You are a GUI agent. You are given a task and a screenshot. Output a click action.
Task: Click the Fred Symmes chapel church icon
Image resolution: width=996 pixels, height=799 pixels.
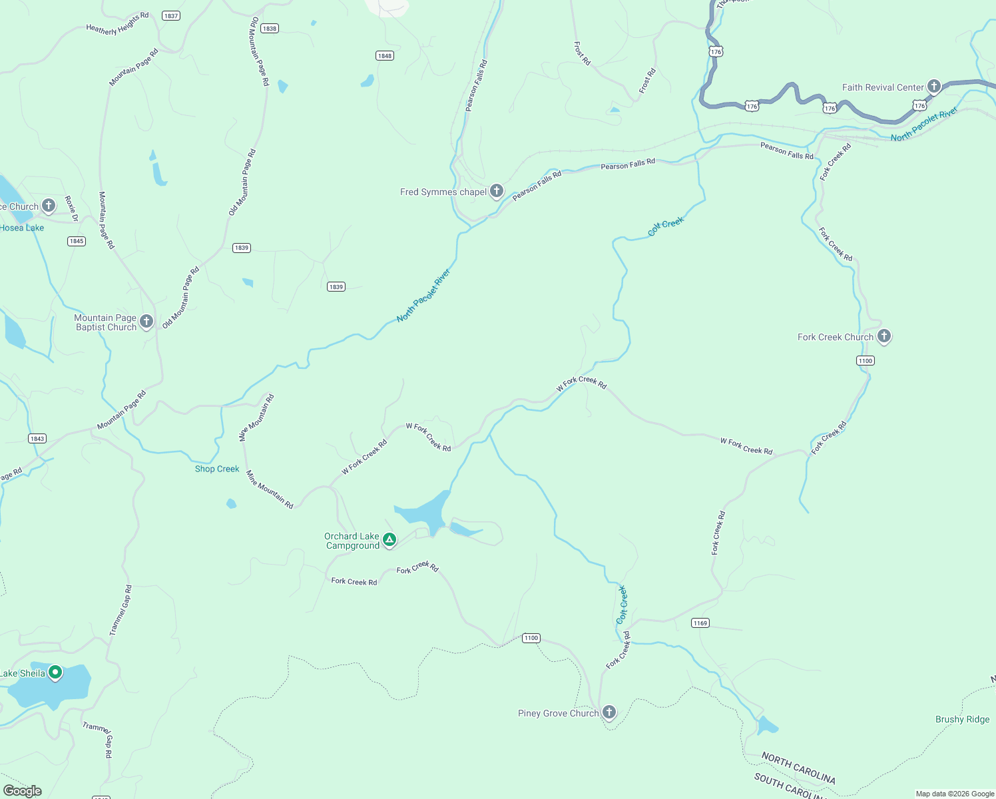(x=497, y=192)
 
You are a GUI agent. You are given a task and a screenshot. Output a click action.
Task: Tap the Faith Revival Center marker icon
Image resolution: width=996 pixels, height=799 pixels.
(x=934, y=87)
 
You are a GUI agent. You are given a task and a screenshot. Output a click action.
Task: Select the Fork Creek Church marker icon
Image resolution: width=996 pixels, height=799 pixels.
(x=884, y=336)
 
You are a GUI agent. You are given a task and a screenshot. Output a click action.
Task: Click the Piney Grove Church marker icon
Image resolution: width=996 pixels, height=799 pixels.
(x=609, y=712)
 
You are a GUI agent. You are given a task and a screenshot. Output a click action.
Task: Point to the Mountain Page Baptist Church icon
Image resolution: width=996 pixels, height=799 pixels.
(x=146, y=322)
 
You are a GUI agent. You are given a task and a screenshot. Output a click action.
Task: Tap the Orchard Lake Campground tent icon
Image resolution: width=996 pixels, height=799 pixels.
(x=389, y=540)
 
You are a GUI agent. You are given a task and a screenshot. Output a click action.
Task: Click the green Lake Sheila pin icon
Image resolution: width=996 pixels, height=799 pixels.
(x=55, y=672)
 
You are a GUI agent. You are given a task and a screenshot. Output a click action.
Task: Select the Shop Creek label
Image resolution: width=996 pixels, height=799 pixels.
(x=217, y=469)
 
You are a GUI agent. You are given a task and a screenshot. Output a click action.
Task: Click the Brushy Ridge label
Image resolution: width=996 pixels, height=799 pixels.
(x=962, y=719)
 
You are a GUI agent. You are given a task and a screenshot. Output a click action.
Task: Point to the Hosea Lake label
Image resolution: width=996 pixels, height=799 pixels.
(x=22, y=228)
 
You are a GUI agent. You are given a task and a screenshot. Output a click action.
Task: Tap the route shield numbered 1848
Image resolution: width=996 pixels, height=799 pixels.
(x=385, y=56)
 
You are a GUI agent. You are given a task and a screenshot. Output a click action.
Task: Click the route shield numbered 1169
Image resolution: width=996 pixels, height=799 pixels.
(x=700, y=623)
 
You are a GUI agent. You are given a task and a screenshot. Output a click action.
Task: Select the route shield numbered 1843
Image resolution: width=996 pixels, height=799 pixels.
(x=37, y=438)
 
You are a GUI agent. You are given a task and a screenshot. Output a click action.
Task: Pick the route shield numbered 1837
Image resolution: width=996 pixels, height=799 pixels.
(x=171, y=16)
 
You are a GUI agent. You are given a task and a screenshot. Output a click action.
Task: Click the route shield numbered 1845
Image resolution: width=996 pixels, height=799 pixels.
(x=77, y=241)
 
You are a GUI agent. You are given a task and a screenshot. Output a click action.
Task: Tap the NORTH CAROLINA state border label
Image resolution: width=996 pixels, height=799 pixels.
(x=798, y=768)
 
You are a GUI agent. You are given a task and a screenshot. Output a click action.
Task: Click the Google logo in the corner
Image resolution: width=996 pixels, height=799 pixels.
(x=23, y=790)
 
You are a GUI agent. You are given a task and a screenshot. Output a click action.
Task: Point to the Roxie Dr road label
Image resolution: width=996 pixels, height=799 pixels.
(x=71, y=209)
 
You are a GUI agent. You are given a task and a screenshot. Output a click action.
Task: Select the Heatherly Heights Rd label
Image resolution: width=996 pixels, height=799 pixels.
(x=117, y=23)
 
